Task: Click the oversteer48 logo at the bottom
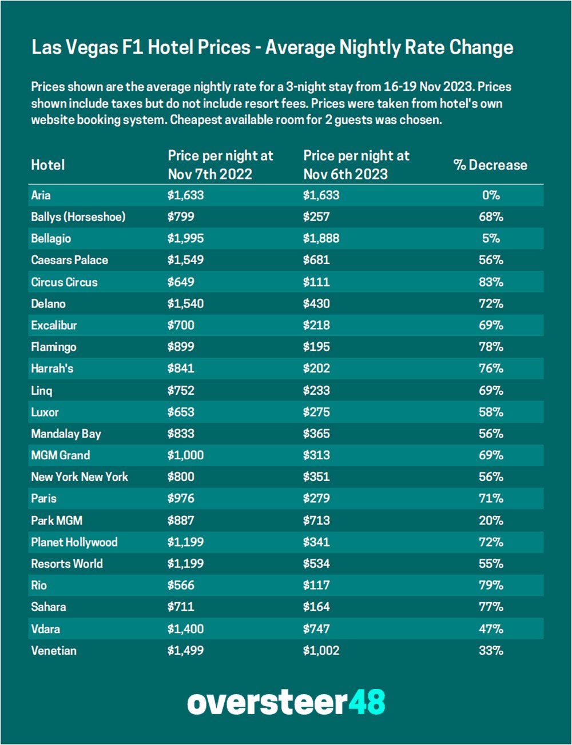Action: [286, 702]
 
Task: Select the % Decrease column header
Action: [490, 165]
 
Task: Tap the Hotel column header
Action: [48, 165]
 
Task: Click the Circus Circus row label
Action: [64, 282]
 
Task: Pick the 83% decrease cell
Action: [491, 282]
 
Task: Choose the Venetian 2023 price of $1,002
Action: [321, 651]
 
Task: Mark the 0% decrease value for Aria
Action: [491, 195]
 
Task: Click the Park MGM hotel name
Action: [57, 520]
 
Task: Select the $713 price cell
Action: [316, 520]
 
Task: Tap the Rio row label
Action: [39, 586]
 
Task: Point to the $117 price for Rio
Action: [316, 586]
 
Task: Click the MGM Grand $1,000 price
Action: [185, 455]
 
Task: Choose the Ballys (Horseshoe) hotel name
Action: [78, 217]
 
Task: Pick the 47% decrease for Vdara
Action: [491, 629]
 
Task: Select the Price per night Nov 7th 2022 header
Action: [220, 165]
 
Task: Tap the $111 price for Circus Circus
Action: [316, 282]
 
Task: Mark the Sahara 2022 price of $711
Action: [181, 607]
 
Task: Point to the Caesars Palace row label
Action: [69, 261]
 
